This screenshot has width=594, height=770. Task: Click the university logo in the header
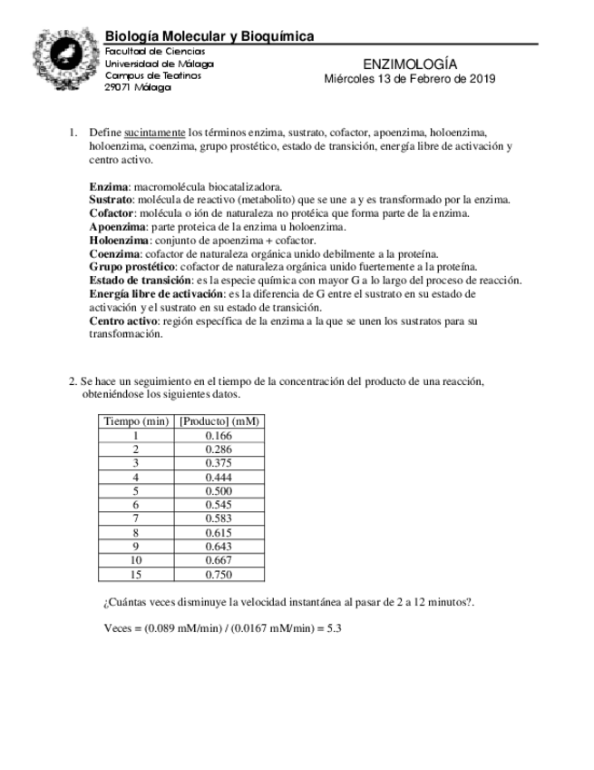[x=64, y=59]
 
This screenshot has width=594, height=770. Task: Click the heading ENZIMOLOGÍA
[x=409, y=64]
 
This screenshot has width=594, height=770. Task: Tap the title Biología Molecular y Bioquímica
[x=209, y=36]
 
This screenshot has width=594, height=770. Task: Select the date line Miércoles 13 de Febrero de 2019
[x=409, y=79]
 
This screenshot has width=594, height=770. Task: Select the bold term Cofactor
[x=112, y=213]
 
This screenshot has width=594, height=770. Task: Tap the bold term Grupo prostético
[x=132, y=267]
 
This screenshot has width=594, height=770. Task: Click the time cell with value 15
[x=136, y=575]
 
